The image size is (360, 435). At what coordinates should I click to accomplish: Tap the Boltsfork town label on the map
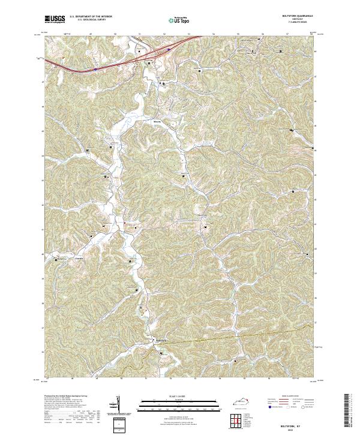160,341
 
